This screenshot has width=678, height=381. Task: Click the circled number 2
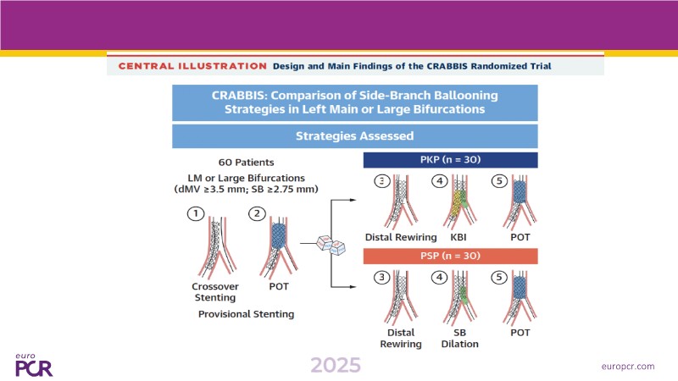click(256, 216)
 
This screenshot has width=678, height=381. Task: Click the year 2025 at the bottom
click(336, 365)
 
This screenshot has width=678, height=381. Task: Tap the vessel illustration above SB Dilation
click(462, 301)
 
